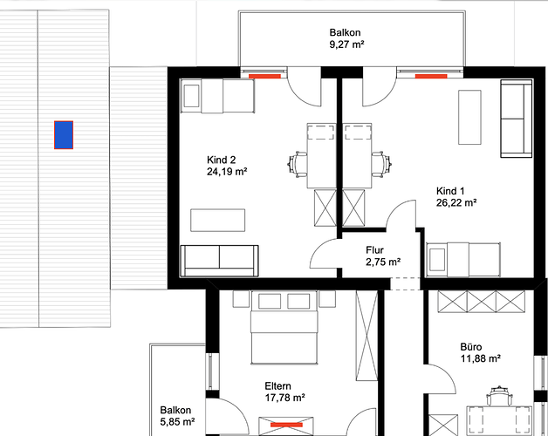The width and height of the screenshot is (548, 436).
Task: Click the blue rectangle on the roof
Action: pos(64,135)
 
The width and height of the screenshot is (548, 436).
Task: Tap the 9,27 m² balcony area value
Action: pos(347,44)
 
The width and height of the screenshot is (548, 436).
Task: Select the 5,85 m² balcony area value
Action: pos(177,422)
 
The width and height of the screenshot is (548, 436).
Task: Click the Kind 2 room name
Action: pos(222,160)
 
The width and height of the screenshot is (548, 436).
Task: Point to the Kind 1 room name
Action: pos(450,191)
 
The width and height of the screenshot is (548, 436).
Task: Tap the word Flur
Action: pos(374,250)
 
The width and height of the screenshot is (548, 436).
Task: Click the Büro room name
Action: pos(471,347)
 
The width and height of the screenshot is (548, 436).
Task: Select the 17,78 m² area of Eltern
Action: pos(285,398)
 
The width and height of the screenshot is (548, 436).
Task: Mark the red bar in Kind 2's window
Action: pos(264,76)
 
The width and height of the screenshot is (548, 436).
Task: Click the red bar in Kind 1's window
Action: pos(431,76)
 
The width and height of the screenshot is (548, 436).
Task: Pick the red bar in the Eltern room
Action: pos(286,425)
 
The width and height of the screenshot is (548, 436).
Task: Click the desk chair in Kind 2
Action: pos(298,164)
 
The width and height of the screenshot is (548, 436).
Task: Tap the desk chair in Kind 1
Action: pos(381,164)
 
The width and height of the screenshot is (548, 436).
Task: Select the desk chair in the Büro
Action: pos(499,396)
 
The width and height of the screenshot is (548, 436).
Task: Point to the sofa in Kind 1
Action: pos(517,119)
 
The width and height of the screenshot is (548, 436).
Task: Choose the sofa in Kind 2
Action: pos(219,261)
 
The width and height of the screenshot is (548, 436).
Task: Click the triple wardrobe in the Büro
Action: pos(482,302)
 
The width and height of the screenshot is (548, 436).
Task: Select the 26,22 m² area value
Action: pos(456,203)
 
